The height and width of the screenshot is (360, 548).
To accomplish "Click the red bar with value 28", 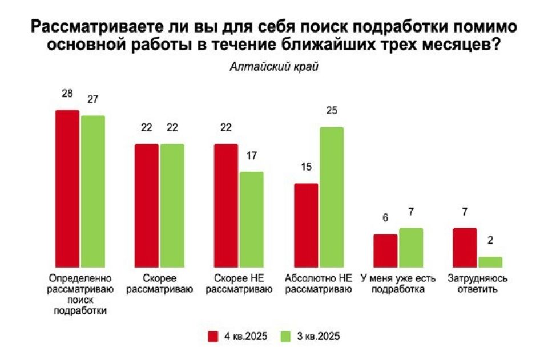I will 67,188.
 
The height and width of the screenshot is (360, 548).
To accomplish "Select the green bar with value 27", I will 93,191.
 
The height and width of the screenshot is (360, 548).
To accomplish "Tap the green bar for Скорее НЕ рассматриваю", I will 251,219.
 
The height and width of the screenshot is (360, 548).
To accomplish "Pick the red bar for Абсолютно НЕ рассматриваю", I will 306,225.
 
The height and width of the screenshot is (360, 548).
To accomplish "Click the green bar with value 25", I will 332,197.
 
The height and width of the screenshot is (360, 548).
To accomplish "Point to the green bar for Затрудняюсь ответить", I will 490,262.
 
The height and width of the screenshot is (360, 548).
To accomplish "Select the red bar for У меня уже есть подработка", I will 385,250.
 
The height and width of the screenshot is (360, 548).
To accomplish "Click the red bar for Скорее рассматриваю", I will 146,205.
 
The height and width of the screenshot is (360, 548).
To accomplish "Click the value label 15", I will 306,168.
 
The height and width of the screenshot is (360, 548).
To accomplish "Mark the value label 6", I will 385,219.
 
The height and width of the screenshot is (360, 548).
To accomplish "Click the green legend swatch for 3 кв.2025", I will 287,335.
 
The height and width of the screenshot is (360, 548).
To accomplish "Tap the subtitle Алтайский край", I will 274,67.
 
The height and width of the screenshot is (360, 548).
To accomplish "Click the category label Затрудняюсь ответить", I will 478,284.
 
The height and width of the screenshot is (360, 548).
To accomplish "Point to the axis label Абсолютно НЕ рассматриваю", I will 319,284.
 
